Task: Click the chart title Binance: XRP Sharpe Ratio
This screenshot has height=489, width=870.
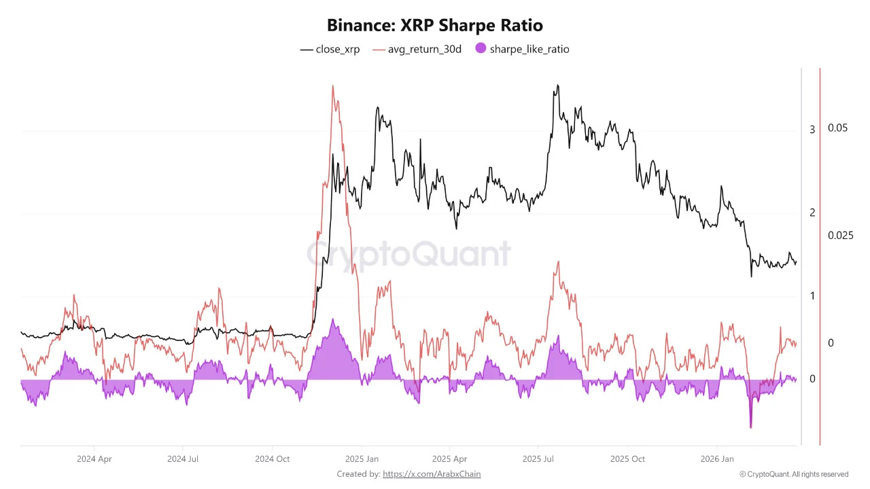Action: click(x=435, y=26)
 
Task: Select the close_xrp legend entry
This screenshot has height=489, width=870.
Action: click(x=330, y=49)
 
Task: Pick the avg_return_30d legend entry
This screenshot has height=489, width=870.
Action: click(x=417, y=49)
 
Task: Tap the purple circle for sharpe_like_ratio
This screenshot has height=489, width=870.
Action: click(x=481, y=49)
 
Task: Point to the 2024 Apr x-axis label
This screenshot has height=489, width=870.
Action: click(x=94, y=459)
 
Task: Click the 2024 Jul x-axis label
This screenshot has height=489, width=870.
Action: click(x=184, y=459)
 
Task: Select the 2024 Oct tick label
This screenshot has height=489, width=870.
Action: click(x=272, y=459)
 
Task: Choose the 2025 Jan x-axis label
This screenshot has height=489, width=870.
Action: click(x=362, y=459)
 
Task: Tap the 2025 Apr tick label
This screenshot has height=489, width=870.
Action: click(x=449, y=459)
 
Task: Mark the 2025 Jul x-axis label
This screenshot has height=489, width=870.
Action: click(x=538, y=459)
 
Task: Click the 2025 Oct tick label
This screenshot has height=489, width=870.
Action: click(x=628, y=459)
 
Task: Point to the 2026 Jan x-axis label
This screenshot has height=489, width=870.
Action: click(x=718, y=459)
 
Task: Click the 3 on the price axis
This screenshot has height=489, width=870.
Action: click(x=812, y=130)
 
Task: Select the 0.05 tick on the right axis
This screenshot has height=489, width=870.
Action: click(x=837, y=128)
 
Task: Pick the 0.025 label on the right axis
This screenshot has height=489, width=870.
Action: click(x=840, y=236)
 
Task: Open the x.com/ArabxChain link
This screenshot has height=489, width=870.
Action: click(x=432, y=474)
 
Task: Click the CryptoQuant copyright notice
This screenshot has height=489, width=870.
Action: click(x=794, y=474)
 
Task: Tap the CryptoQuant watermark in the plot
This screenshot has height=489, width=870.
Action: click(x=408, y=254)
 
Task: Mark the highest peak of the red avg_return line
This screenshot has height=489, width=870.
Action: click(x=332, y=86)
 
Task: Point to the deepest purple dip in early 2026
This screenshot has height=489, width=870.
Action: click(x=751, y=427)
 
